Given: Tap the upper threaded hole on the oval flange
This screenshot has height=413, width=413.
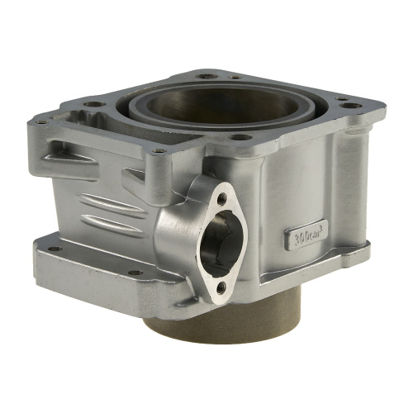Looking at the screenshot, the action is [x=222, y=198].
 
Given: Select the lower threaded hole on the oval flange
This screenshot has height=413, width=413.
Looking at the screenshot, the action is [x=221, y=288].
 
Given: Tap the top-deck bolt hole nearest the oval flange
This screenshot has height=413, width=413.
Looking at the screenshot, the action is [x=240, y=136].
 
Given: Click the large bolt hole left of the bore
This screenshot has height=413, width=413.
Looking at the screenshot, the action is [x=95, y=104].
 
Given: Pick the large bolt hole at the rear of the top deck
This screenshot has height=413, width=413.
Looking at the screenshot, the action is [x=207, y=76].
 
